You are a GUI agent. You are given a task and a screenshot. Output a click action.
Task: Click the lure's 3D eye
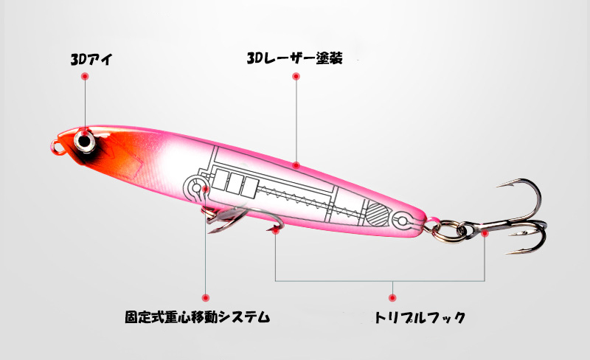pyautogui.click(x=84, y=142)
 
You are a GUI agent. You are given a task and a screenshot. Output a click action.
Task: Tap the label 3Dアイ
pyautogui.click(x=91, y=60)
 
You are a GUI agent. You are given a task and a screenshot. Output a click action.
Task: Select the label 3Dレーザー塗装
pyautogui.click(x=294, y=58)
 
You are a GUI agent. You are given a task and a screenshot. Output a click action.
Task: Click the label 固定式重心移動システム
pyautogui.click(x=198, y=316)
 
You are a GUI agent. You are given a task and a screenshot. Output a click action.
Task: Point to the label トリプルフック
pyautogui.click(x=420, y=317)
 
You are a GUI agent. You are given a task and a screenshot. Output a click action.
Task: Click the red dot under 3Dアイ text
pyautogui.click(x=85, y=77)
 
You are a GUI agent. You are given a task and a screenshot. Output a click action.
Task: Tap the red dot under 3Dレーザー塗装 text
pyautogui.click(x=296, y=77)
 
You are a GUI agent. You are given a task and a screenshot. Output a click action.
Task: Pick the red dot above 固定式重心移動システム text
pyautogui.click(x=206, y=298)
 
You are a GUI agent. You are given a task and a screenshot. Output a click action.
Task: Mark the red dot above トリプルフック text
pyautogui.click(x=392, y=298)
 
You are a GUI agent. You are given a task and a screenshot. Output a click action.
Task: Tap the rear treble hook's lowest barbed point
pyautogui.click(x=509, y=253)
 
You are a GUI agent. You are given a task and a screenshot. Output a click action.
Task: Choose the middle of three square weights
pyautogui.click(x=235, y=184)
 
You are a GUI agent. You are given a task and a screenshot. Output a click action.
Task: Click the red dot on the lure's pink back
pyautogui.click(x=296, y=165)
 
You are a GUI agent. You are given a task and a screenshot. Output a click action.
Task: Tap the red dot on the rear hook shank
pyautogui.click(x=485, y=233)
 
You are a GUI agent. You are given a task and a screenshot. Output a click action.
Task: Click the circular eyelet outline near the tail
pyautogui.click(x=401, y=221)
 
